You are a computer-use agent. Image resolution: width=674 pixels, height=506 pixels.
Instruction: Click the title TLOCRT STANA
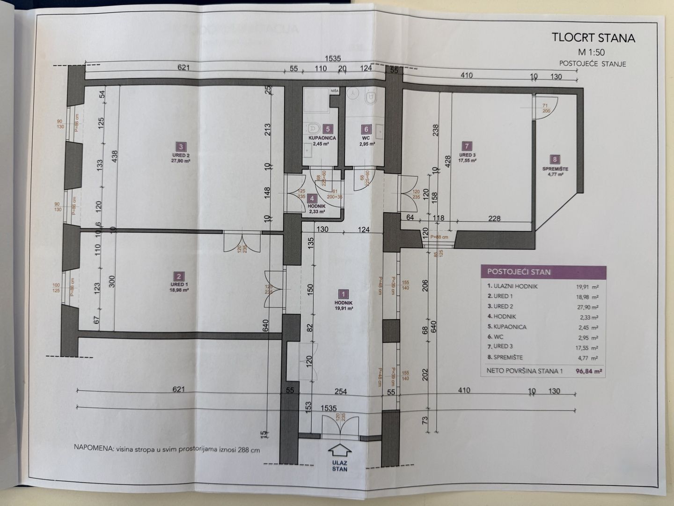point(593,37)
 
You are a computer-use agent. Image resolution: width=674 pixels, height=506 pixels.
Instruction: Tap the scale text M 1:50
point(592,52)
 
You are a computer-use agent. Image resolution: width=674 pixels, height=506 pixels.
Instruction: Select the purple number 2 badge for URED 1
point(178,276)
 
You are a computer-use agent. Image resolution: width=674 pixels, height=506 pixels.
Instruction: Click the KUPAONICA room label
point(322,138)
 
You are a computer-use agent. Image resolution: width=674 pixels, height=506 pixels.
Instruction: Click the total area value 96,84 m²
point(589,371)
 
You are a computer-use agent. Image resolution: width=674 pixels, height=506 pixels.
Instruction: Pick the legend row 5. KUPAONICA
point(506,327)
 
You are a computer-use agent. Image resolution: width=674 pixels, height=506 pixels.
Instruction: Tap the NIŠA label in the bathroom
point(335,91)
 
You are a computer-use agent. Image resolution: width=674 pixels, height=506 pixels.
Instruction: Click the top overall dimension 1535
point(333,59)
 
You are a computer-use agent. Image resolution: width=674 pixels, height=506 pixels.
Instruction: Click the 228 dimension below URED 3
point(494,218)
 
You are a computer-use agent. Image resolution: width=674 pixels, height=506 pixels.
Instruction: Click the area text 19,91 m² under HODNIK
point(343,309)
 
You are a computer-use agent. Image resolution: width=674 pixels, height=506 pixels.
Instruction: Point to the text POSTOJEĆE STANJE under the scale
point(592,64)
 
